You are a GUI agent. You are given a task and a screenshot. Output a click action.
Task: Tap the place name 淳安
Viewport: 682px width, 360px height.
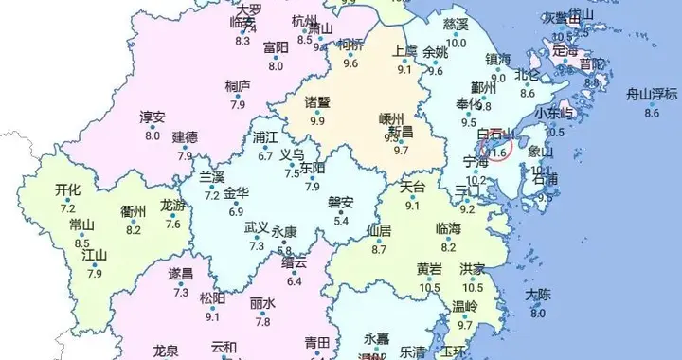(153, 117)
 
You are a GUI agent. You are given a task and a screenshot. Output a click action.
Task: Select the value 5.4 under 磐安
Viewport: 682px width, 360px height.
(341, 221)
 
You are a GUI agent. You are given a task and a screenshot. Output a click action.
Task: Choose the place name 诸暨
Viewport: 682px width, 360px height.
(316, 102)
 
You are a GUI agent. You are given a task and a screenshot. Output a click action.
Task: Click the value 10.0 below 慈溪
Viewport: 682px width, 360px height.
(457, 43)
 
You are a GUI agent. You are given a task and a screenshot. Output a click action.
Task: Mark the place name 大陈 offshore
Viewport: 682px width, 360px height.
(537, 295)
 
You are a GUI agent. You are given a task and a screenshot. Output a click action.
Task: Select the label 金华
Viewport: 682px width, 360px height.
(236, 192)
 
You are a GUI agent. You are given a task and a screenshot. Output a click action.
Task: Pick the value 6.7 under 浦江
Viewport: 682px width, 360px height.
(265, 156)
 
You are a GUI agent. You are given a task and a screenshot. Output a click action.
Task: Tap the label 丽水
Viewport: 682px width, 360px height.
(262, 303)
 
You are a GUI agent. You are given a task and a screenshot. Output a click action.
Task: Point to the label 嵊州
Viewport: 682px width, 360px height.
(391, 119)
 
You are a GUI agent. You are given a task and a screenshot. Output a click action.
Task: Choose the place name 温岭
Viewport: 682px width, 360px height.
(464, 306)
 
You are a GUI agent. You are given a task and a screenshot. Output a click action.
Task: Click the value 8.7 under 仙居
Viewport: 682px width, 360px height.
(379, 249)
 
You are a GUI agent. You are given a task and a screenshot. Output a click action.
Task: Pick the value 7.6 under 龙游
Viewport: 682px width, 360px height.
(173, 224)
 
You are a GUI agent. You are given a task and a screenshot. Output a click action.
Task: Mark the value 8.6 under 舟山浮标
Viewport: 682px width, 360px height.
(651, 113)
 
